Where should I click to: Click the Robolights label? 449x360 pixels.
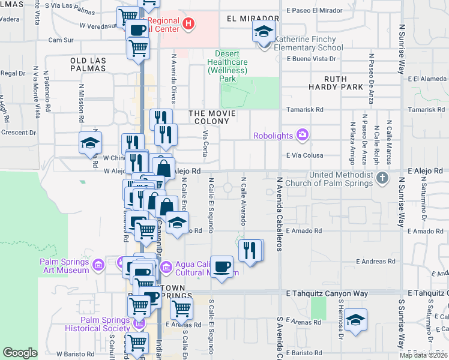pyautogui.click(x=273, y=136)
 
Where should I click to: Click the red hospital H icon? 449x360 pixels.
pyautogui.click(x=189, y=25)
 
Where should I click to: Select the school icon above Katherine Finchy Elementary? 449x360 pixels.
pyautogui.click(x=264, y=32)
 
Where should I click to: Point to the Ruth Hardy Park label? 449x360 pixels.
pyautogui.click(x=344, y=83)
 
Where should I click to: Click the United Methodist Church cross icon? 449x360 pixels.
pyautogui.click(x=382, y=178)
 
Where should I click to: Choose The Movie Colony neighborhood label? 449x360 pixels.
pyautogui.click(x=209, y=118)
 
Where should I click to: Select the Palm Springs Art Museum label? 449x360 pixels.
pyautogui.click(x=65, y=266)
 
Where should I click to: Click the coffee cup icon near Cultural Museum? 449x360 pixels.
pyautogui.click(x=221, y=267)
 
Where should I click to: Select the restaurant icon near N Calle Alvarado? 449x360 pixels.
pyautogui.click(x=250, y=250)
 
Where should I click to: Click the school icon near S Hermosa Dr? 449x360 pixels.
pyautogui.click(x=355, y=320)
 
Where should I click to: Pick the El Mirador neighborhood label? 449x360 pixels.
pyautogui.click(x=253, y=19)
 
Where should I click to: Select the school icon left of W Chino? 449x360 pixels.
pyautogui.click(x=90, y=143)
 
